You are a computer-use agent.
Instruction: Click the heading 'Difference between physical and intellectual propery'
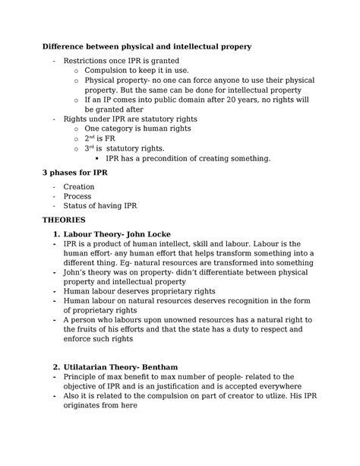coord(146,47)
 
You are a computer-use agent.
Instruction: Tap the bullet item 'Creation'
coord(79,187)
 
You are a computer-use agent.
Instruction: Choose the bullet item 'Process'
coord(77,196)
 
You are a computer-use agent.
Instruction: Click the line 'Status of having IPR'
coord(100,207)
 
